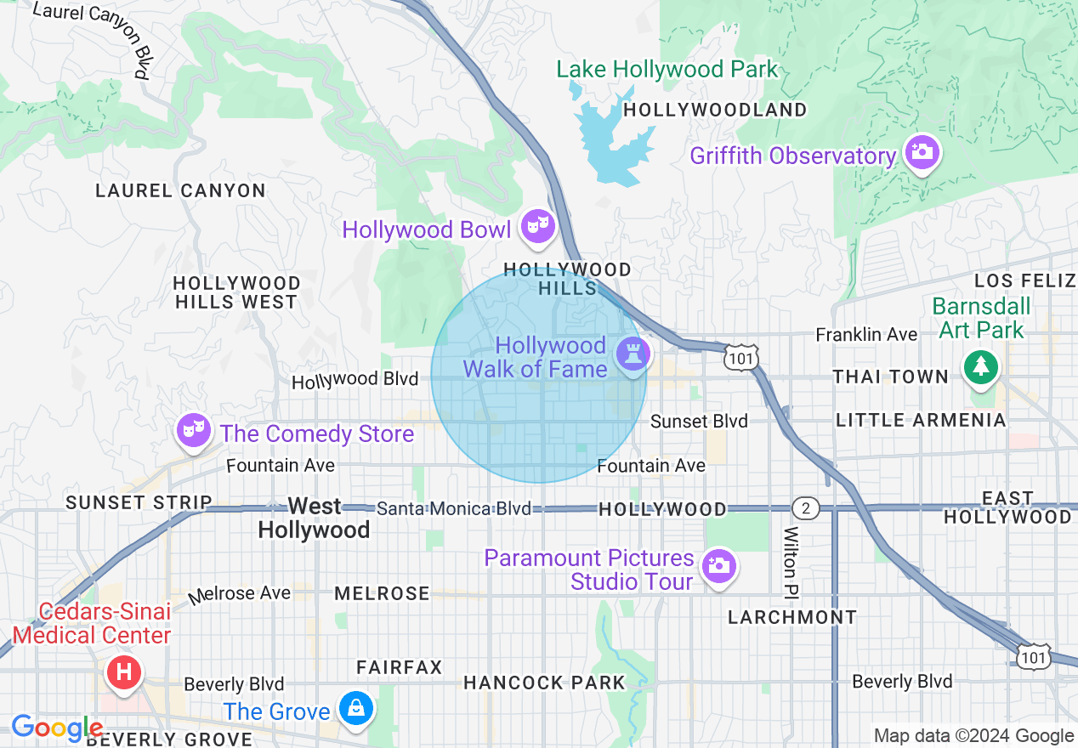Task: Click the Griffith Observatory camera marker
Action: tap(922, 153)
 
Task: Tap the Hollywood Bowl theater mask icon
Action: tap(538, 226)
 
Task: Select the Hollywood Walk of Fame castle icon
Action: tap(633, 352)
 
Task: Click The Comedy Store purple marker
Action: tap(193, 430)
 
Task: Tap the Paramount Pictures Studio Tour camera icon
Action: tap(719, 565)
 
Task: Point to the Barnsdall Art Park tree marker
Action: tap(981, 366)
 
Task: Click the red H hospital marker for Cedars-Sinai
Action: tap(123, 672)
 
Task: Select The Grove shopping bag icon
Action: tap(355, 707)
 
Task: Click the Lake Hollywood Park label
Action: tap(667, 70)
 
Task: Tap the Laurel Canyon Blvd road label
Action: tap(89, 38)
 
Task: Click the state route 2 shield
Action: tap(805, 508)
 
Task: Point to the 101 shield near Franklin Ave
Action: tap(740, 359)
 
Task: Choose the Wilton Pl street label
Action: tap(791, 560)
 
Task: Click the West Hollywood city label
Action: tap(315, 518)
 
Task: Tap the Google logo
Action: tap(57, 728)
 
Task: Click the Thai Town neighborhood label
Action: tap(890, 377)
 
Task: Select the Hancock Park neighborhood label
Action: tap(544, 683)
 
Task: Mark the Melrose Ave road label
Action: tap(241, 593)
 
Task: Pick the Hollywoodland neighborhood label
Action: tap(715, 110)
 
